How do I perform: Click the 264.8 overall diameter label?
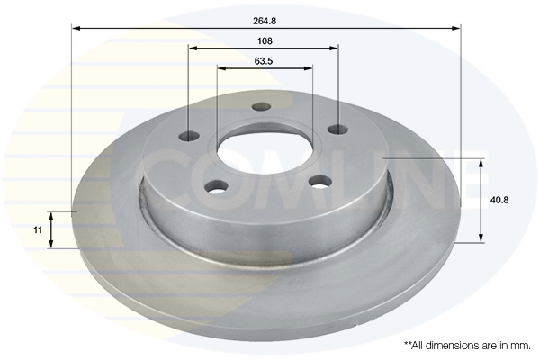point(265,21)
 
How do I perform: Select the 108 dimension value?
point(265,41)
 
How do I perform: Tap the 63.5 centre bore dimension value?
point(264,61)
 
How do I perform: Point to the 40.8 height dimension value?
point(499,200)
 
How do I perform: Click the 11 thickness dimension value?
point(38,229)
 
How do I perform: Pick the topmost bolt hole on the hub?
point(262,106)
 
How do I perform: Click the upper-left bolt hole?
point(190,136)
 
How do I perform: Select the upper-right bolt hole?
point(337,130)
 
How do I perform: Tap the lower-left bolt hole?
point(216,187)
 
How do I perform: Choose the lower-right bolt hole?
point(320,182)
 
